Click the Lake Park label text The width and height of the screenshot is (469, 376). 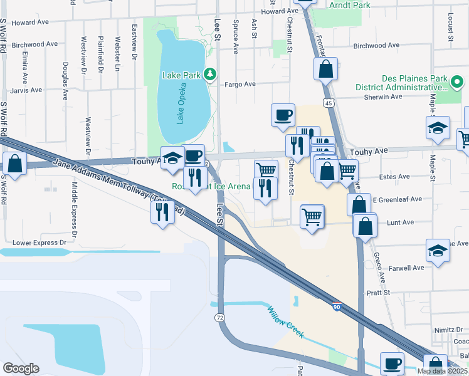tap(181, 75)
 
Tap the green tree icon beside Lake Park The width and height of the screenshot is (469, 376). tap(211, 75)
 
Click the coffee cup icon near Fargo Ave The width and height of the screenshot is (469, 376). tap(283, 115)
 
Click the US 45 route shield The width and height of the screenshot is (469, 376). tap(329, 102)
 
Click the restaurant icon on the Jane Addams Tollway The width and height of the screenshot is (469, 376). tap(162, 211)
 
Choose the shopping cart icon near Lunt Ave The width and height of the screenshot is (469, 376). tap(312, 217)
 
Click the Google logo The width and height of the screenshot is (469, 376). tap(21, 368)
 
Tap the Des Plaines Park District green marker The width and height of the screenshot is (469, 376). tap(458, 81)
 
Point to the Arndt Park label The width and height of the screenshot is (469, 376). tap(349, 5)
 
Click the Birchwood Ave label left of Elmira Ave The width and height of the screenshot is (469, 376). tap(37, 44)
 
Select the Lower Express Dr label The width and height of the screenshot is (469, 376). tap(40, 242)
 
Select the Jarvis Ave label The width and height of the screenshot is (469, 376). tap(27, 90)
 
